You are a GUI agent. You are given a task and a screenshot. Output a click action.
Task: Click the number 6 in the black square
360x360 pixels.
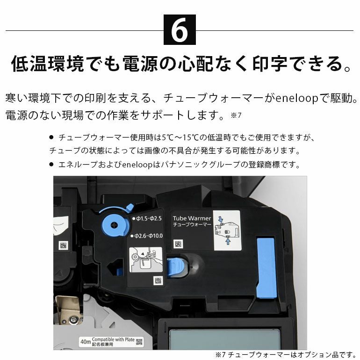coord(180,29)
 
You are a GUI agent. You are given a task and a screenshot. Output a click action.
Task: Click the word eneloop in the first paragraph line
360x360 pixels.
coord(296,98)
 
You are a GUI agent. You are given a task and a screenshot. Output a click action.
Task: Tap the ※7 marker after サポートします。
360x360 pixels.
coord(236,115)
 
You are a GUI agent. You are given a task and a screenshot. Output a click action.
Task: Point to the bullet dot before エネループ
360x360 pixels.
coord(51,165)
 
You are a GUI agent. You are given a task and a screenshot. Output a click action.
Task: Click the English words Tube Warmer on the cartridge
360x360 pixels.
coord(192,218)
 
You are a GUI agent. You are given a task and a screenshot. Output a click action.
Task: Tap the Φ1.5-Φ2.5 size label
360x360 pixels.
coord(147,219)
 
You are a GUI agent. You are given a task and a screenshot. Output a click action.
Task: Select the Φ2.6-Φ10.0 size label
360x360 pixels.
coord(146,236)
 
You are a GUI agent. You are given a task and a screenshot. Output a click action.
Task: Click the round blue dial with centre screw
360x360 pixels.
coord(114,225)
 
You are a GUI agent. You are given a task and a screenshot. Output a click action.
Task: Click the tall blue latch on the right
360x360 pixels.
coord(266,268)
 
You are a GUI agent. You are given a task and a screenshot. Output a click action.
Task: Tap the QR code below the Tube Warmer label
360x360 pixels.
coord(178,244)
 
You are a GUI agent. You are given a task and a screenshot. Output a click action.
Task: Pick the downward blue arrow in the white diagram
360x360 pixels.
coord(221,219)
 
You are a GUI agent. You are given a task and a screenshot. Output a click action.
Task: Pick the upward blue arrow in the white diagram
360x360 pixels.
coord(228,241)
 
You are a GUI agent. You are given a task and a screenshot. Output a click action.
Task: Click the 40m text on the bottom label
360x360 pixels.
coord(86,342)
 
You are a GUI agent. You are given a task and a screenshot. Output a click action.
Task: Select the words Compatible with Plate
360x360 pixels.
coord(113,339)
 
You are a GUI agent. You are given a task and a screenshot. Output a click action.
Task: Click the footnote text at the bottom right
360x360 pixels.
coord(286,354)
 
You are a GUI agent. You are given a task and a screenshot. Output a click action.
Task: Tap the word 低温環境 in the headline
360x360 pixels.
coord(48,64)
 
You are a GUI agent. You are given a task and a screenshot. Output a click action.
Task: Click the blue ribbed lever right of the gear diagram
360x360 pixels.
coord(175,267)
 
